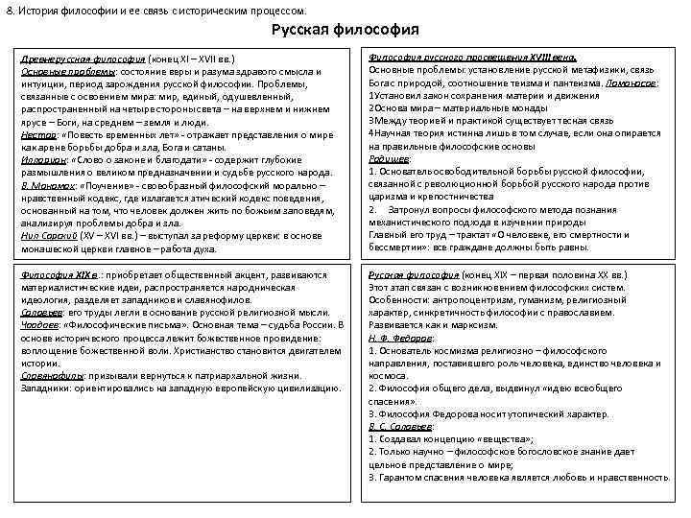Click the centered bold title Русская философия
tap(345, 30)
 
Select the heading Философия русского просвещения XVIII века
tap(472, 58)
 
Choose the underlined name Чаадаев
tap(39, 325)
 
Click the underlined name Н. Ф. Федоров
tap(401, 338)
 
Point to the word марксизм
tap(481, 324)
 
